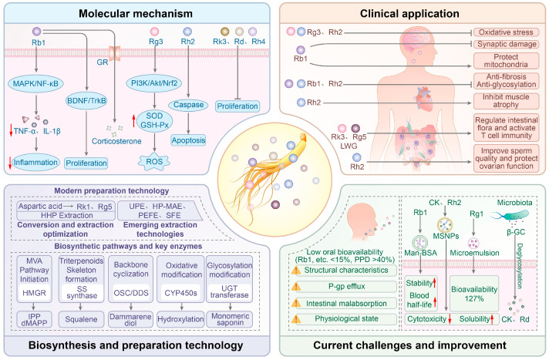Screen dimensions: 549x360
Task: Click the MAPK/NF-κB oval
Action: [x=35, y=83]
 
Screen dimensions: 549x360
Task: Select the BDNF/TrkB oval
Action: [x=86, y=101]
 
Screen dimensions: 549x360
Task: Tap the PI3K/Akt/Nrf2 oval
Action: [x=154, y=83]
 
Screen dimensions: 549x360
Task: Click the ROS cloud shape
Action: [x=154, y=162]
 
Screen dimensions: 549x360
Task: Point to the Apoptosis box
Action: [x=188, y=140]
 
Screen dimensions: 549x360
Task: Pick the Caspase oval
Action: [x=188, y=105]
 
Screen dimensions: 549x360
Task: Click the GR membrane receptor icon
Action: [x=114, y=53]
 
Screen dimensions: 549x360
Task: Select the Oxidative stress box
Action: [x=506, y=32]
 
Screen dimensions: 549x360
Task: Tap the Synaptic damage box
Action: [x=506, y=44]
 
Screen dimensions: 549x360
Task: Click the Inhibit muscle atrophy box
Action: [x=506, y=101]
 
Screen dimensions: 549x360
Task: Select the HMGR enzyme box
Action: [x=34, y=293]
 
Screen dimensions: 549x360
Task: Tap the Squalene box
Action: [x=81, y=319]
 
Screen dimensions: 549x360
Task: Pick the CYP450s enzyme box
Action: [x=180, y=293]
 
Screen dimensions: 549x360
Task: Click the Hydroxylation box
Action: [x=180, y=319]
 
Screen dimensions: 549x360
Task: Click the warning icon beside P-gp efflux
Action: [x=296, y=287]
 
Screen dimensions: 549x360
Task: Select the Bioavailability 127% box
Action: [x=474, y=294]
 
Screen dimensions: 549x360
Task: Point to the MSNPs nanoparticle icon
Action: [x=445, y=224]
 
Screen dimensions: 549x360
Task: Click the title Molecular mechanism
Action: [x=136, y=14]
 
